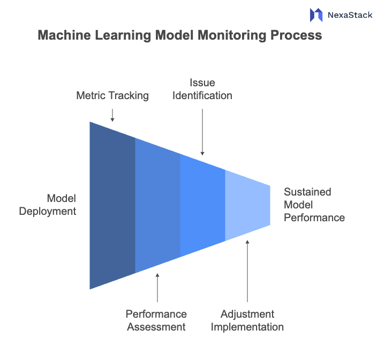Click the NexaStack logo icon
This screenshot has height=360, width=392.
tap(316, 15)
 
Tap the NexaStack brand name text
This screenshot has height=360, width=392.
tap(350, 15)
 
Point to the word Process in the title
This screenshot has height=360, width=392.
tap(296, 36)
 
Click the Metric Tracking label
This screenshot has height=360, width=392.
tap(112, 96)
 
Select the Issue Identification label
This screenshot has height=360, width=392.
tap(202, 89)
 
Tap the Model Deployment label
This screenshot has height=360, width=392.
tap(48, 205)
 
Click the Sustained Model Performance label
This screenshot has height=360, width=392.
tap(314, 205)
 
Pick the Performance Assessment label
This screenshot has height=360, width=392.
tap(156, 320)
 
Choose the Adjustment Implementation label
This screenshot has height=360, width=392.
tap(247, 320)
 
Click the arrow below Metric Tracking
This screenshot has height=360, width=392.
tap(112, 115)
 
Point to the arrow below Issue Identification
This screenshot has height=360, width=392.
tap(202, 131)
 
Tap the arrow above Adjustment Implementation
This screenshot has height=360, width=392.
tap(247, 271)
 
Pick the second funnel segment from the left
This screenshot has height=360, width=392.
tap(157, 205)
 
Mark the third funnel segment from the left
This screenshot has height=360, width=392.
tap(202, 205)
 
